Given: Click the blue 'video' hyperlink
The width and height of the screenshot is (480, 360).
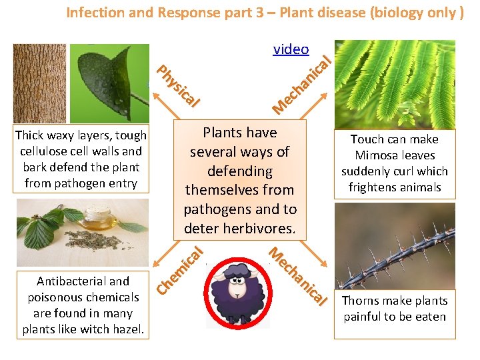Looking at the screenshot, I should [x=291, y=49].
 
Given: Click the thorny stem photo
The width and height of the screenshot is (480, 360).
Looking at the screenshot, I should [x=394, y=245].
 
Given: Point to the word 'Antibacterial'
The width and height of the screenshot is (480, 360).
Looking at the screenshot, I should [x=74, y=281].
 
